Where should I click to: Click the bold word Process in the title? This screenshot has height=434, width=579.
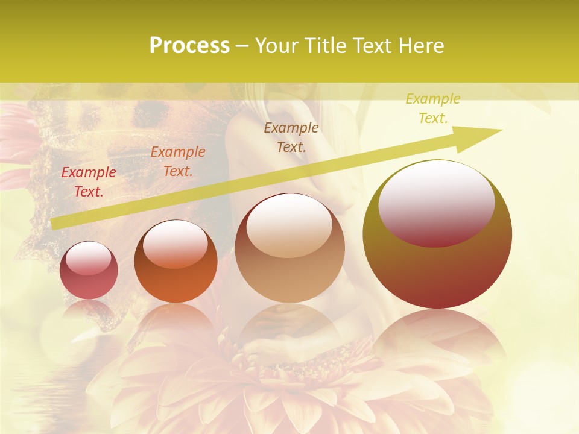coord(189,46)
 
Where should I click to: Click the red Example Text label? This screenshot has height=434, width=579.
coord(89,182)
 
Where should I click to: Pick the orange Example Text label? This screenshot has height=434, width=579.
coord(178,162)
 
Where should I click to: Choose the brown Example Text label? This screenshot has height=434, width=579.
coord(291,137)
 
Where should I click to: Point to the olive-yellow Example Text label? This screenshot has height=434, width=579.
coord(432,108)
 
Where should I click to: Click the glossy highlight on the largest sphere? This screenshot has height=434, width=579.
coord(436,203)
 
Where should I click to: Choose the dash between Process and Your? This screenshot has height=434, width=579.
coord(242,46)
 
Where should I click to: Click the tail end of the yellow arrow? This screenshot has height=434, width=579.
coord(55,224)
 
